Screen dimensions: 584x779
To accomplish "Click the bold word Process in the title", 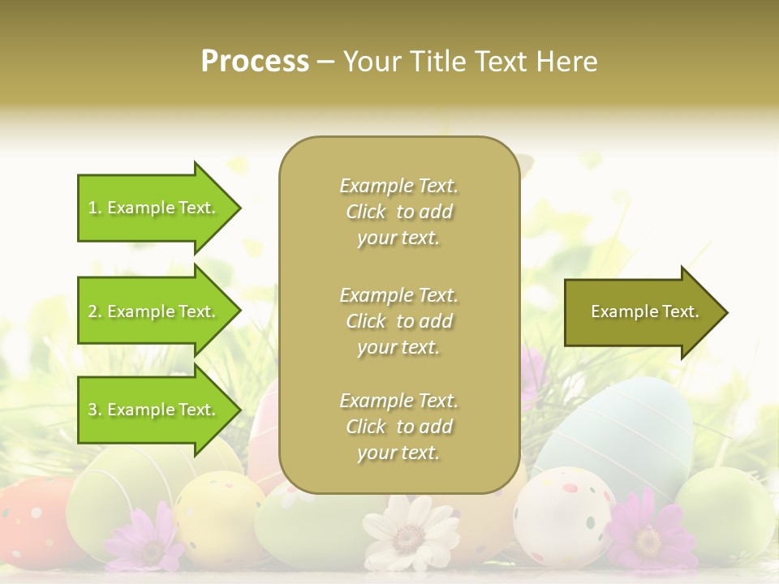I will [x=255, y=61].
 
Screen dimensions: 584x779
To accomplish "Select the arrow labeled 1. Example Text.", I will [x=154, y=208].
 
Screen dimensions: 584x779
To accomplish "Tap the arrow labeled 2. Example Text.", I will [x=154, y=311].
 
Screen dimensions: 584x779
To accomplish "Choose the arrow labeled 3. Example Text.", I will [x=154, y=410].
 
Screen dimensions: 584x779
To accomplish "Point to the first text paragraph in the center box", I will [x=398, y=212].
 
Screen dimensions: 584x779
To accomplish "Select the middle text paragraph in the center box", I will [x=398, y=320].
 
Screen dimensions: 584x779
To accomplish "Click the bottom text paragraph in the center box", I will [x=398, y=427].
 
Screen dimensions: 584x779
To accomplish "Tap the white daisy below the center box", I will [x=411, y=532].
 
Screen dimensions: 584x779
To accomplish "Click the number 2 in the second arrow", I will [x=93, y=311].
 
